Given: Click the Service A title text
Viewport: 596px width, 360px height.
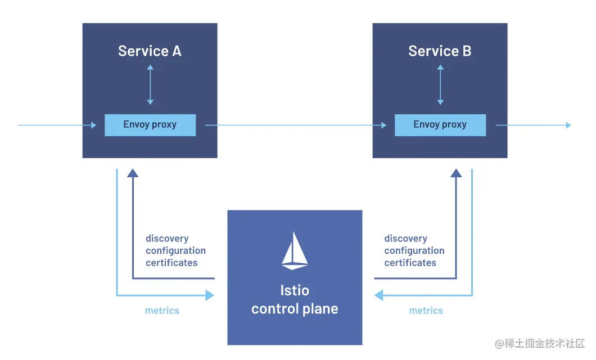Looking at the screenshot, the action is pos(150,51).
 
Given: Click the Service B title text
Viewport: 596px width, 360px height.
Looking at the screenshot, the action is pos(440,51).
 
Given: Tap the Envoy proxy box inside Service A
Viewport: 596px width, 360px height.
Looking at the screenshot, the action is pos(150,125).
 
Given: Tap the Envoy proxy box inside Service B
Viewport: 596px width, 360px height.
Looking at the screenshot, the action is pos(440,125).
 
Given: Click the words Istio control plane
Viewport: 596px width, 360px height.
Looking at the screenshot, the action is pos(295,300).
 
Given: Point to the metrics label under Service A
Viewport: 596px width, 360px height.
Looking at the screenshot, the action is pos(162,310).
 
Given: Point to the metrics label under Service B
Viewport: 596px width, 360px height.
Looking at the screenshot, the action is pos(426,310).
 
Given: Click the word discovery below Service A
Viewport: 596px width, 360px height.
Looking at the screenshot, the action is pos(167,238).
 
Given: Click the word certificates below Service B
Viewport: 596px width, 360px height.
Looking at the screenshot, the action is pos(410,263).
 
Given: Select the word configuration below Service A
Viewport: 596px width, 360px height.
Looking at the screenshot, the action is pos(175,250).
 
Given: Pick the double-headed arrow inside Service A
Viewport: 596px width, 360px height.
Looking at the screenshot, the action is pos(150,85).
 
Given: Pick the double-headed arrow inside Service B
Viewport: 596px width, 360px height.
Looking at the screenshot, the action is pos(440,85).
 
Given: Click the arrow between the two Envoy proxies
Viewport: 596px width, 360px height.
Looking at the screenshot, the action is pos(296,125).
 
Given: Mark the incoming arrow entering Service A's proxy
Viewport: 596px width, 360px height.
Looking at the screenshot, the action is pos(57,125).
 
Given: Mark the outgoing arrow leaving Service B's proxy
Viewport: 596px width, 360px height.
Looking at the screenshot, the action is pos(534,125).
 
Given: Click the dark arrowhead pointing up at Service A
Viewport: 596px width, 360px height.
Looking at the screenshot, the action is pos(133,173).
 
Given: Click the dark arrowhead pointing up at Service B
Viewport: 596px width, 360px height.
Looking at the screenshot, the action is pos(456,173).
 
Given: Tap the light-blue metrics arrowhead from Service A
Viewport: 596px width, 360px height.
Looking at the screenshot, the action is pos(210,295).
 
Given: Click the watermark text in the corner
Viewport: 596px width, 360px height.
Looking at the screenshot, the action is pos(539,343).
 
